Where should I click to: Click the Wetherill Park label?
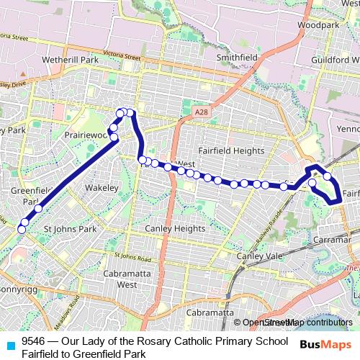(70, 60)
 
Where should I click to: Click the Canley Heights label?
(175, 229)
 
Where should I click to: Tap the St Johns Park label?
(70, 229)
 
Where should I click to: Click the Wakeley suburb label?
(101, 188)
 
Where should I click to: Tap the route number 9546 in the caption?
(33, 341)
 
